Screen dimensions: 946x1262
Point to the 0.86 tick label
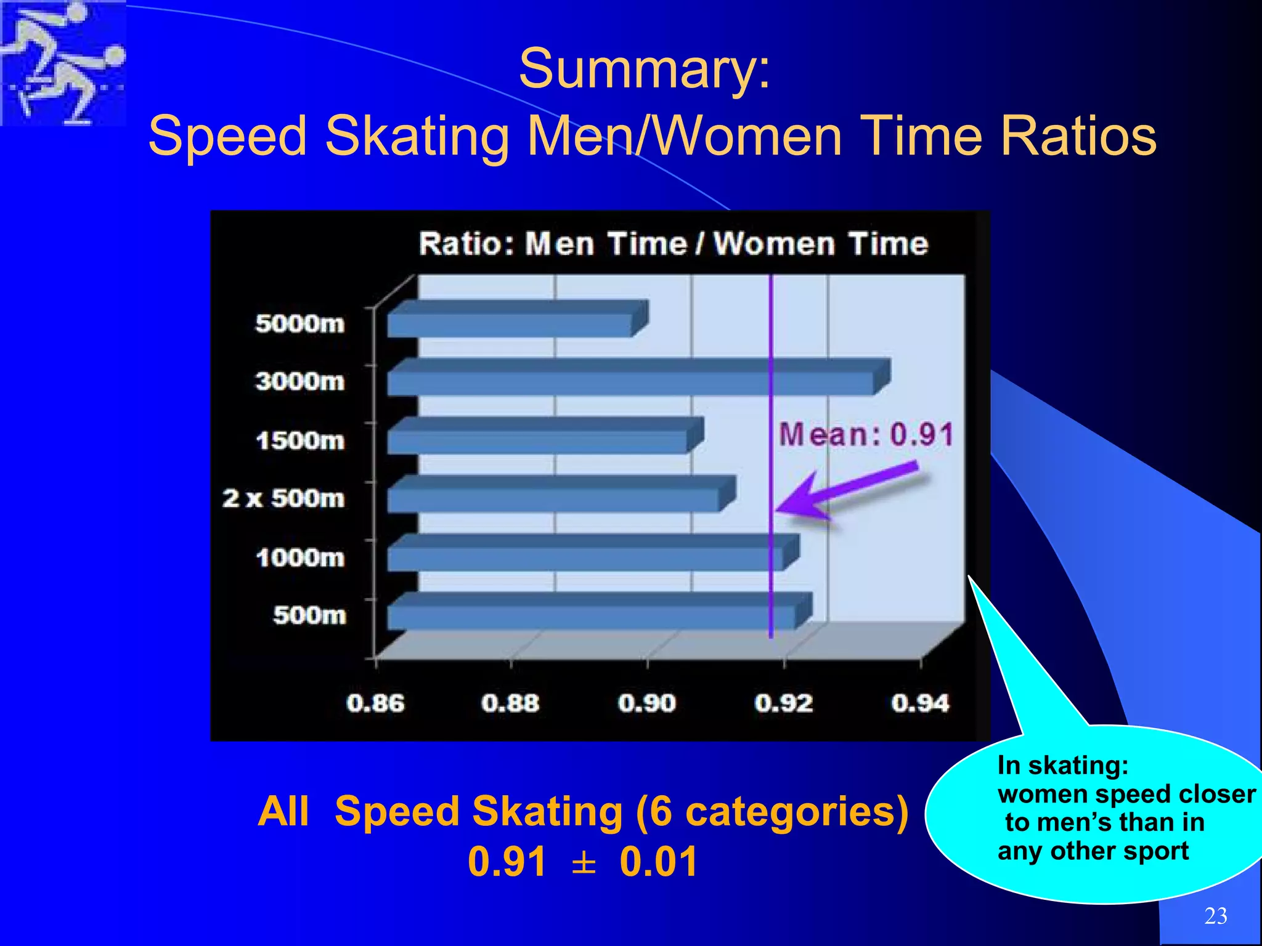click(375, 703)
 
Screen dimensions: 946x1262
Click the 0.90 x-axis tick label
click(647, 703)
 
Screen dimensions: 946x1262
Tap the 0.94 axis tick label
click(920, 703)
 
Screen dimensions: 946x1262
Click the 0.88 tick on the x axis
click(510, 703)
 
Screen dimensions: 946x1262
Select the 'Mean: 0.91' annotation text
click(866, 434)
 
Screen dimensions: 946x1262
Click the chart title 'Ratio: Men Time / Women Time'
click(673, 244)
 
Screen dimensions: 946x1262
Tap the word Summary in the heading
click(644, 69)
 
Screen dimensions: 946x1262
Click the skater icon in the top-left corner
click(62, 62)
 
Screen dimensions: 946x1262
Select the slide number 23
click(1215, 916)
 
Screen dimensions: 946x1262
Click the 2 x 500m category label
click(283, 498)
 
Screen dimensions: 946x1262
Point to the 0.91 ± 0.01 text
click(582, 861)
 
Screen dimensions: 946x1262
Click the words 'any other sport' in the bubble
click(1093, 851)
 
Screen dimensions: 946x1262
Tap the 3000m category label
click(300, 381)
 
